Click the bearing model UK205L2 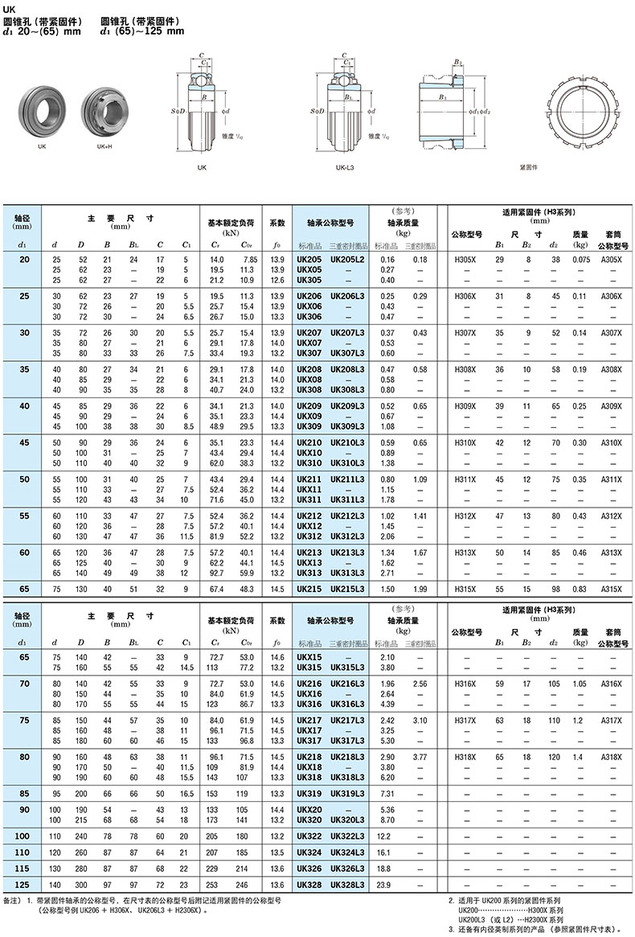click(x=347, y=260)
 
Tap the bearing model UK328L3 click(x=347, y=886)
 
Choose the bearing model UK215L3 click(x=347, y=590)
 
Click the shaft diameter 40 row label click(x=23, y=406)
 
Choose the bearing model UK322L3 click(x=347, y=837)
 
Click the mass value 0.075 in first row click(x=580, y=260)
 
